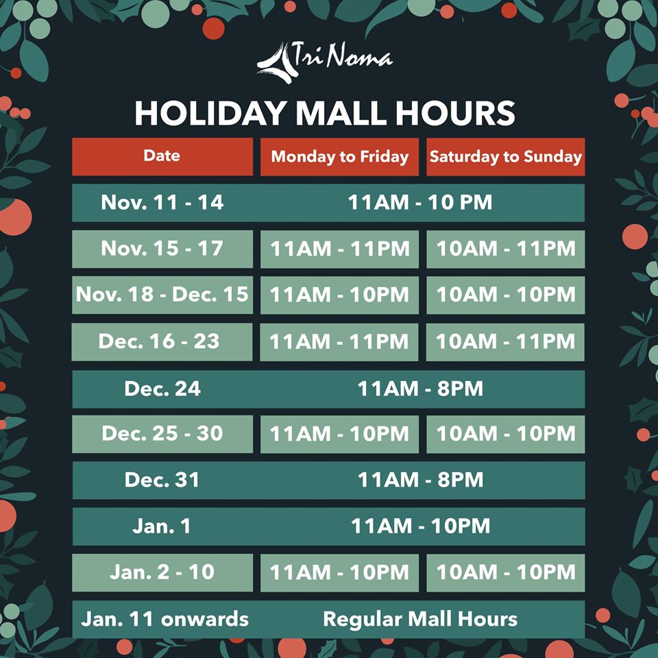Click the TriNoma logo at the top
(325, 58)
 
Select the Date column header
(162, 156)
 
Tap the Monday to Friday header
(339, 156)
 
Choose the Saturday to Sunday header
(505, 156)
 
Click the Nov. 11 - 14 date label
(162, 203)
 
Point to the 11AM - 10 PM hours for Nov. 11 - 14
(419, 203)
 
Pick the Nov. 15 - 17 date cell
(162, 248)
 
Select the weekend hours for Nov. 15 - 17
(505, 249)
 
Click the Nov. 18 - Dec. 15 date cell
(162, 295)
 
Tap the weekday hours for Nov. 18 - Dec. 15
(339, 295)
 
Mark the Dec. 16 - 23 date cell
(162, 341)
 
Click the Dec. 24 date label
(162, 389)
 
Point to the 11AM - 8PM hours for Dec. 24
(419, 389)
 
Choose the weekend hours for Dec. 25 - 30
(505, 434)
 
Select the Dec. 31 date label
(162, 480)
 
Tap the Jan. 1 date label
(162, 526)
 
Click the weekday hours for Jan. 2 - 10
(339, 572)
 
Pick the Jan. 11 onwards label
(164, 620)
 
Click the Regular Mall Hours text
(419, 620)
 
